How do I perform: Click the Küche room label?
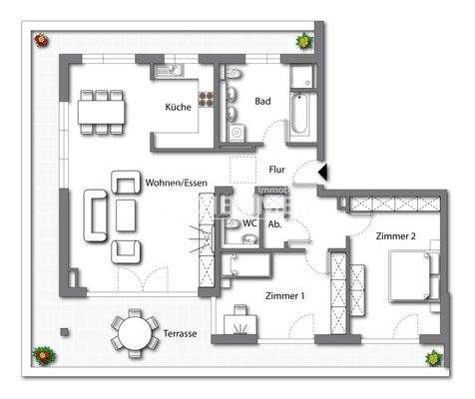(179, 107)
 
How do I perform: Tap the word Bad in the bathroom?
(262, 102)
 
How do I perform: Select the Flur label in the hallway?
(278, 171)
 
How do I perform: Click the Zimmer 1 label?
(284, 295)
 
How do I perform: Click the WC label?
(249, 224)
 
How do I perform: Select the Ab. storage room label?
(274, 224)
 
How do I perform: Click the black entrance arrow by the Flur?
(322, 173)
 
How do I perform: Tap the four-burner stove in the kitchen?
(209, 100)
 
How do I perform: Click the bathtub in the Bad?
(299, 118)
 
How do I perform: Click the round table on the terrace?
(130, 332)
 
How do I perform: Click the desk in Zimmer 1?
(240, 324)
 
